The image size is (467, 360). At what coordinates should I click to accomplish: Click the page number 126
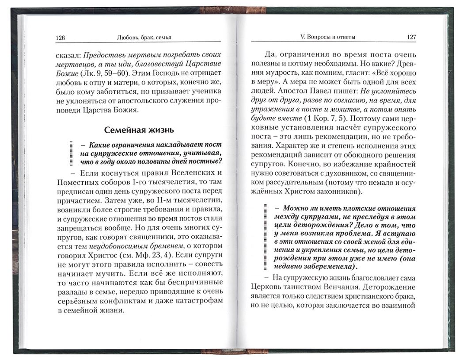(x=61, y=38)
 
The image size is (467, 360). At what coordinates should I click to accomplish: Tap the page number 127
(x=410, y=38)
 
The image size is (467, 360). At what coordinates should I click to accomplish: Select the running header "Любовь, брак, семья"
(x=142, y=38)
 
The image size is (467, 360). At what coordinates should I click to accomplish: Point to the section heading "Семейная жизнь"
(x=139, y=130)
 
